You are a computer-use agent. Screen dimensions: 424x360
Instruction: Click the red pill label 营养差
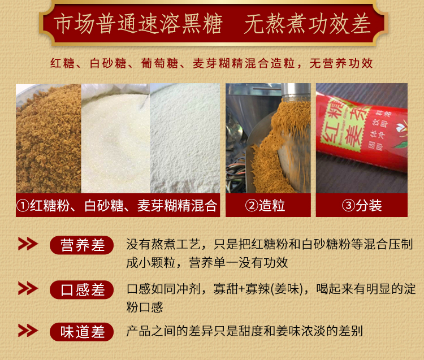click(x=81, y=245)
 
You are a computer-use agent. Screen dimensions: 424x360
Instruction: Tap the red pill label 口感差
click(x=81, y=290)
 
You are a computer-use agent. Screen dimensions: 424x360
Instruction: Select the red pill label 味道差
click(x=81, y=332)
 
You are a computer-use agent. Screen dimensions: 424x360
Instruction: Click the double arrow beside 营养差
click(x=28, y=244)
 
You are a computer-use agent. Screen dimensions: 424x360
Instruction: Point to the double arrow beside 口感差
click(x=28, y=288)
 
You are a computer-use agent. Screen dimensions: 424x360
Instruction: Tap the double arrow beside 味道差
click(x=28, y=331)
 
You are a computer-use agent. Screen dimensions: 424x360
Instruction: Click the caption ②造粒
click(x=265, y=205)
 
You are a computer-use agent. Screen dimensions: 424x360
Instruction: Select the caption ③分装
click(x=362, y=205)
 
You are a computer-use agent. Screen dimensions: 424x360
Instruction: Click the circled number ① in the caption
click(x=23, y=206)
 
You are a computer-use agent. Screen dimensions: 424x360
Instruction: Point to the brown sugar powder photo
click(x=49, y=138)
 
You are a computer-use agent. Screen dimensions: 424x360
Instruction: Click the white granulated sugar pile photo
click(x=116, y=138)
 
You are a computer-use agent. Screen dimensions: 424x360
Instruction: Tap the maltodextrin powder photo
click(x=185, y=138)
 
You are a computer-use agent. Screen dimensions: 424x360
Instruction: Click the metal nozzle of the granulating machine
click(x=296, y=92)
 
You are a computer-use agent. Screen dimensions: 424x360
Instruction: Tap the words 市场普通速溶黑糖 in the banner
click(x=138, y=24)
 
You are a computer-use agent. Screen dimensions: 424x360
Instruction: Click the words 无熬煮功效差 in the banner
click(x=307, y=24)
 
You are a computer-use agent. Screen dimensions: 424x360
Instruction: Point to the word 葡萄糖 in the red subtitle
click(x=159, y=63)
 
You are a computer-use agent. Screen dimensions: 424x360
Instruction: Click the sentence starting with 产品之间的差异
click(x=244, y=331)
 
